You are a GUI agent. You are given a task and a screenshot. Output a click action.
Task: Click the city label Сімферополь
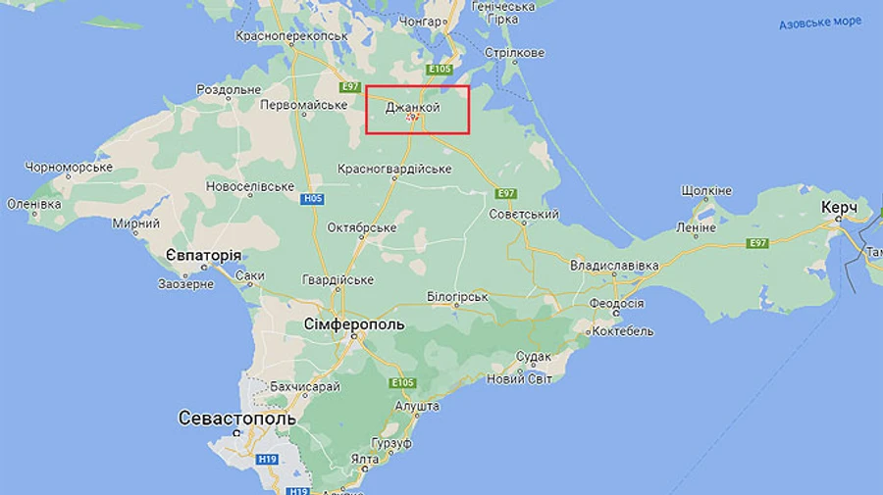coord(355,323)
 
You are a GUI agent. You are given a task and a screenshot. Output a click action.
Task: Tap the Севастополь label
coord(236,418)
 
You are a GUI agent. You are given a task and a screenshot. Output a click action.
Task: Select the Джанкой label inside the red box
coord(412,108)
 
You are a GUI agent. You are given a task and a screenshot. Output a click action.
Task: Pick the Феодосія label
coord(615,303)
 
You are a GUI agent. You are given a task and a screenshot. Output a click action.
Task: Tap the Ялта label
coord(366,459)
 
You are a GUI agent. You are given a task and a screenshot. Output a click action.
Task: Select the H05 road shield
coord(312,199)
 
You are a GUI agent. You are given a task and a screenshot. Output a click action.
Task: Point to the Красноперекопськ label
coord(291,35)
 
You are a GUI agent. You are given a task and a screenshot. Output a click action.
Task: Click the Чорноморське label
coord(69,168)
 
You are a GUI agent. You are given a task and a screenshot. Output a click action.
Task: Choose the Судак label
coord(534,357)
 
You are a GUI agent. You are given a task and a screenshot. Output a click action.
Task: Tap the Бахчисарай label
coord(305,387)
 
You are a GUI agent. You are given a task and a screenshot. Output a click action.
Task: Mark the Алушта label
coord(416,405)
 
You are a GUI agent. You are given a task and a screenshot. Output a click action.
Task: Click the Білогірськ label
coord(457,295)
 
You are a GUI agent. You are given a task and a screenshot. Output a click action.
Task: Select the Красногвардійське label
coord(394,169)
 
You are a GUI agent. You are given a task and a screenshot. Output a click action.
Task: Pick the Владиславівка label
coord(614,265)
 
